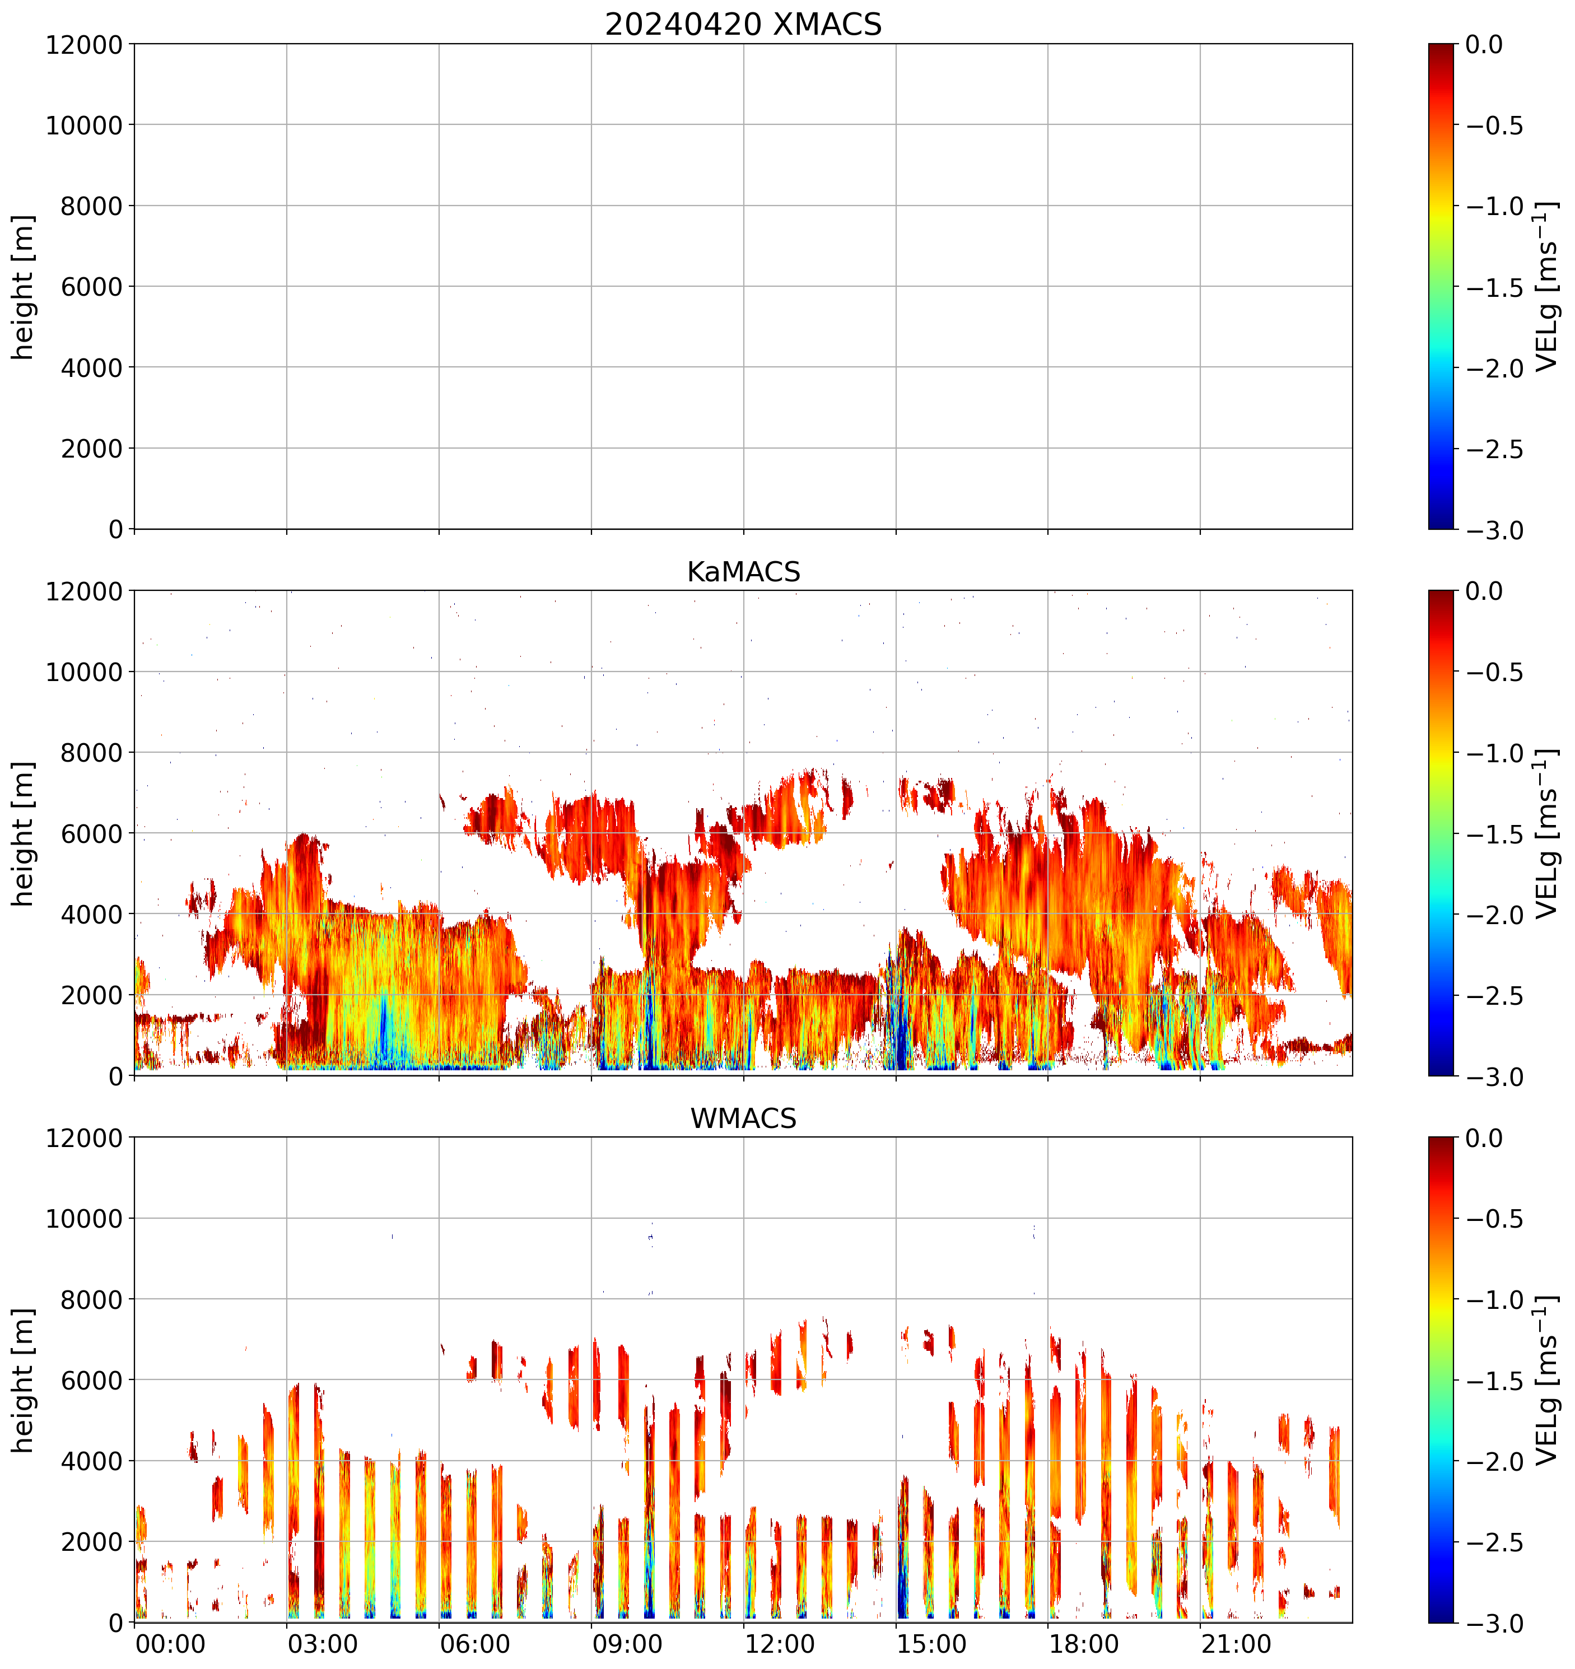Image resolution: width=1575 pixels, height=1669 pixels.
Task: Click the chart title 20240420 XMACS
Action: click(x=743, y=24)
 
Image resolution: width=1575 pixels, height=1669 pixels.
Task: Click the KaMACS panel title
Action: click(x=743, y=572)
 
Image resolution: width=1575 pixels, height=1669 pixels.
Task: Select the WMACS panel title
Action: click(x=743, y=1118)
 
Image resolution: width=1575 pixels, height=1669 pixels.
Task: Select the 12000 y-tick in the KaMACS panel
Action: click(x=84, y=591)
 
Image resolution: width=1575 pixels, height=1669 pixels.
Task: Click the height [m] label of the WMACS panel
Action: click(x=24, y=1380)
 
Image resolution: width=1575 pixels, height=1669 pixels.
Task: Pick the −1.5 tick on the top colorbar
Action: click(x=1494, y=287)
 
